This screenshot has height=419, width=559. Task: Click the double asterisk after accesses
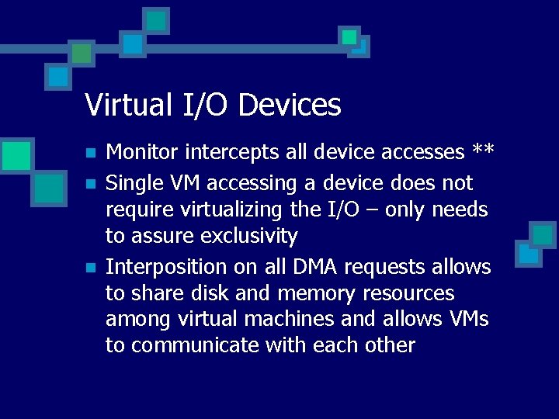pyautogui.click(x=483, y=151)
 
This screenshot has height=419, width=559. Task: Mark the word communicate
pyautogui.click(x=194, y=345)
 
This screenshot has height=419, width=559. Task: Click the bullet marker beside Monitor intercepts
pyautogui.click(x=90, y=152)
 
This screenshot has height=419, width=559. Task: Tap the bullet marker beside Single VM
pyautogui.click(x=90, y=184)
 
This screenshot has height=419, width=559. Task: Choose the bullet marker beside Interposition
pyautogui.click(x=90, y=268)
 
